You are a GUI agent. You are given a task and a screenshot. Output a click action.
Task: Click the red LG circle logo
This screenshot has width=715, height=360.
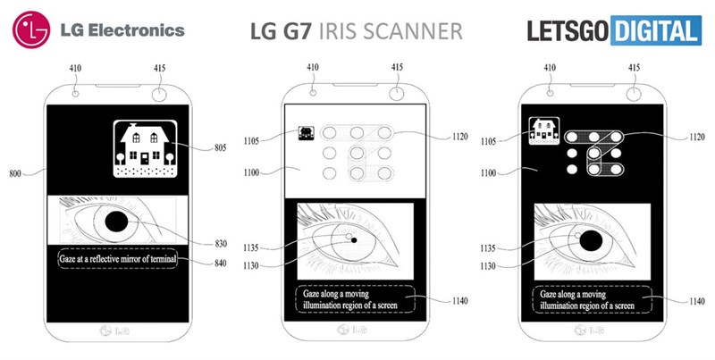[29, 31]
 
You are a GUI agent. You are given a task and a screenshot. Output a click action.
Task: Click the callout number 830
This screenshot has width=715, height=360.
[221, 243]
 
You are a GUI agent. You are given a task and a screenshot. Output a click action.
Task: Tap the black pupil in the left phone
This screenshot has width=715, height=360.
[118, 221]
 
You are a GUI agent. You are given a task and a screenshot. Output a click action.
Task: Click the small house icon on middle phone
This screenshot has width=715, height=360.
[306, 134]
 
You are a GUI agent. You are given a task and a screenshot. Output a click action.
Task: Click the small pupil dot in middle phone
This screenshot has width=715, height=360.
[353, 240]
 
